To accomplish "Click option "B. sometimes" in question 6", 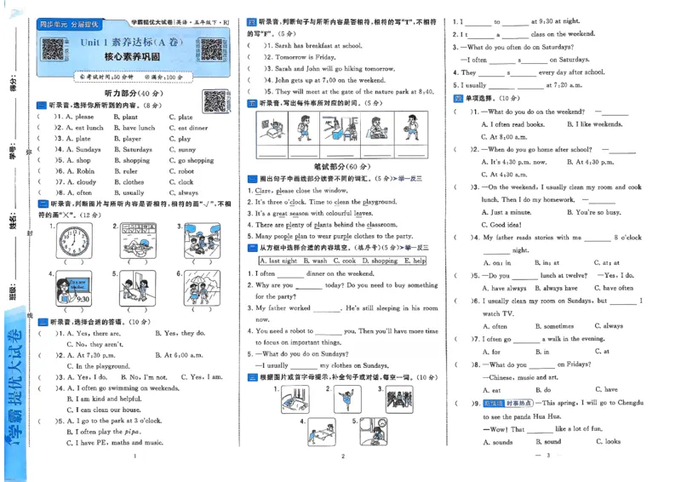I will coord(555,326).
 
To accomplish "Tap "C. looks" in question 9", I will coord(608,442).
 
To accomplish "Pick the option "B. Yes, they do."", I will coord(180,334).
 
